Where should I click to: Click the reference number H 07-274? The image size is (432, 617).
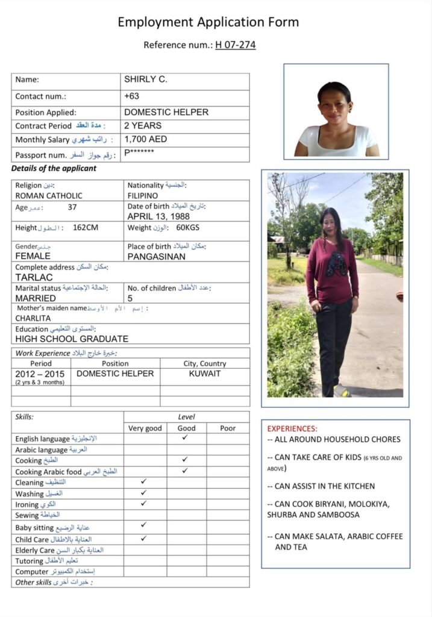(235, 45)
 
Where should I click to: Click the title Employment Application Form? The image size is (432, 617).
(208, 22)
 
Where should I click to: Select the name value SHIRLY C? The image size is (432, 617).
(146, 80)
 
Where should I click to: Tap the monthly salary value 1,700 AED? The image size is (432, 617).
(146, 139)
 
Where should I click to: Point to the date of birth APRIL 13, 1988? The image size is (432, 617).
(158, 216)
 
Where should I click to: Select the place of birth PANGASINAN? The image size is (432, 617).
(157, 256)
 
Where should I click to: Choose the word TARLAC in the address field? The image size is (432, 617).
(34, 277)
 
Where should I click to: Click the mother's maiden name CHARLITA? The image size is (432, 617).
(33, 318)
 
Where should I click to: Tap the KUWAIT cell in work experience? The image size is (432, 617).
(205, 374)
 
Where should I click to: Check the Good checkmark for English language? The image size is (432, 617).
(185, 438)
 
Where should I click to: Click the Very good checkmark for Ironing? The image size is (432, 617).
(143, 503)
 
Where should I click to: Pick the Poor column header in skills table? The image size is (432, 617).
(228, 428)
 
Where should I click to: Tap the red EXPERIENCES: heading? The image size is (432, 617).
(292, 428)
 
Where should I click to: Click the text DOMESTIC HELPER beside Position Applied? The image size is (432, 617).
(166, 112)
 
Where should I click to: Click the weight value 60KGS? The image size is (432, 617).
(187, 228)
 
